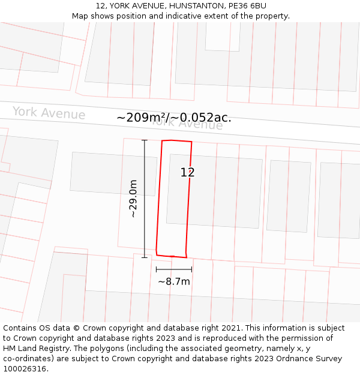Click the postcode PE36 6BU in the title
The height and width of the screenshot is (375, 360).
(x=247, y=6)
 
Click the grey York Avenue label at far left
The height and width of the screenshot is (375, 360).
(x=49, y=113)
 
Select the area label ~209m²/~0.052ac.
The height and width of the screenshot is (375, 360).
(x=174, y=118)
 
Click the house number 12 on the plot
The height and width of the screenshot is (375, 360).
(x=188, y=172)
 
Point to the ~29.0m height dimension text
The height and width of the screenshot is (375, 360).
(x=133, y=198)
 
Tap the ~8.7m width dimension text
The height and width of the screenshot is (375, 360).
(x=174, y=281)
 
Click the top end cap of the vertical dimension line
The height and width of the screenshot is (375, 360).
(x=145, y=140)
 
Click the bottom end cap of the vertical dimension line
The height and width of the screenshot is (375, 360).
(x=145, y=257)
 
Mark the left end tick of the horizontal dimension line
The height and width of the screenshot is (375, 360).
(x=156, y=269)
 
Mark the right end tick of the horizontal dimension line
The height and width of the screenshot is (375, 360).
(x=192, y=269)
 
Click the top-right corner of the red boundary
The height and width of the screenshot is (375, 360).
(x=191, y=142)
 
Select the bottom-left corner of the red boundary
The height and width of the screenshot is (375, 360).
(x=157, y=254)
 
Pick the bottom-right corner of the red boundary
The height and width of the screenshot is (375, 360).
(x=187, y=257)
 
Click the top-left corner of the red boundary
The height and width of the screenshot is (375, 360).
(x=162, y=141)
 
